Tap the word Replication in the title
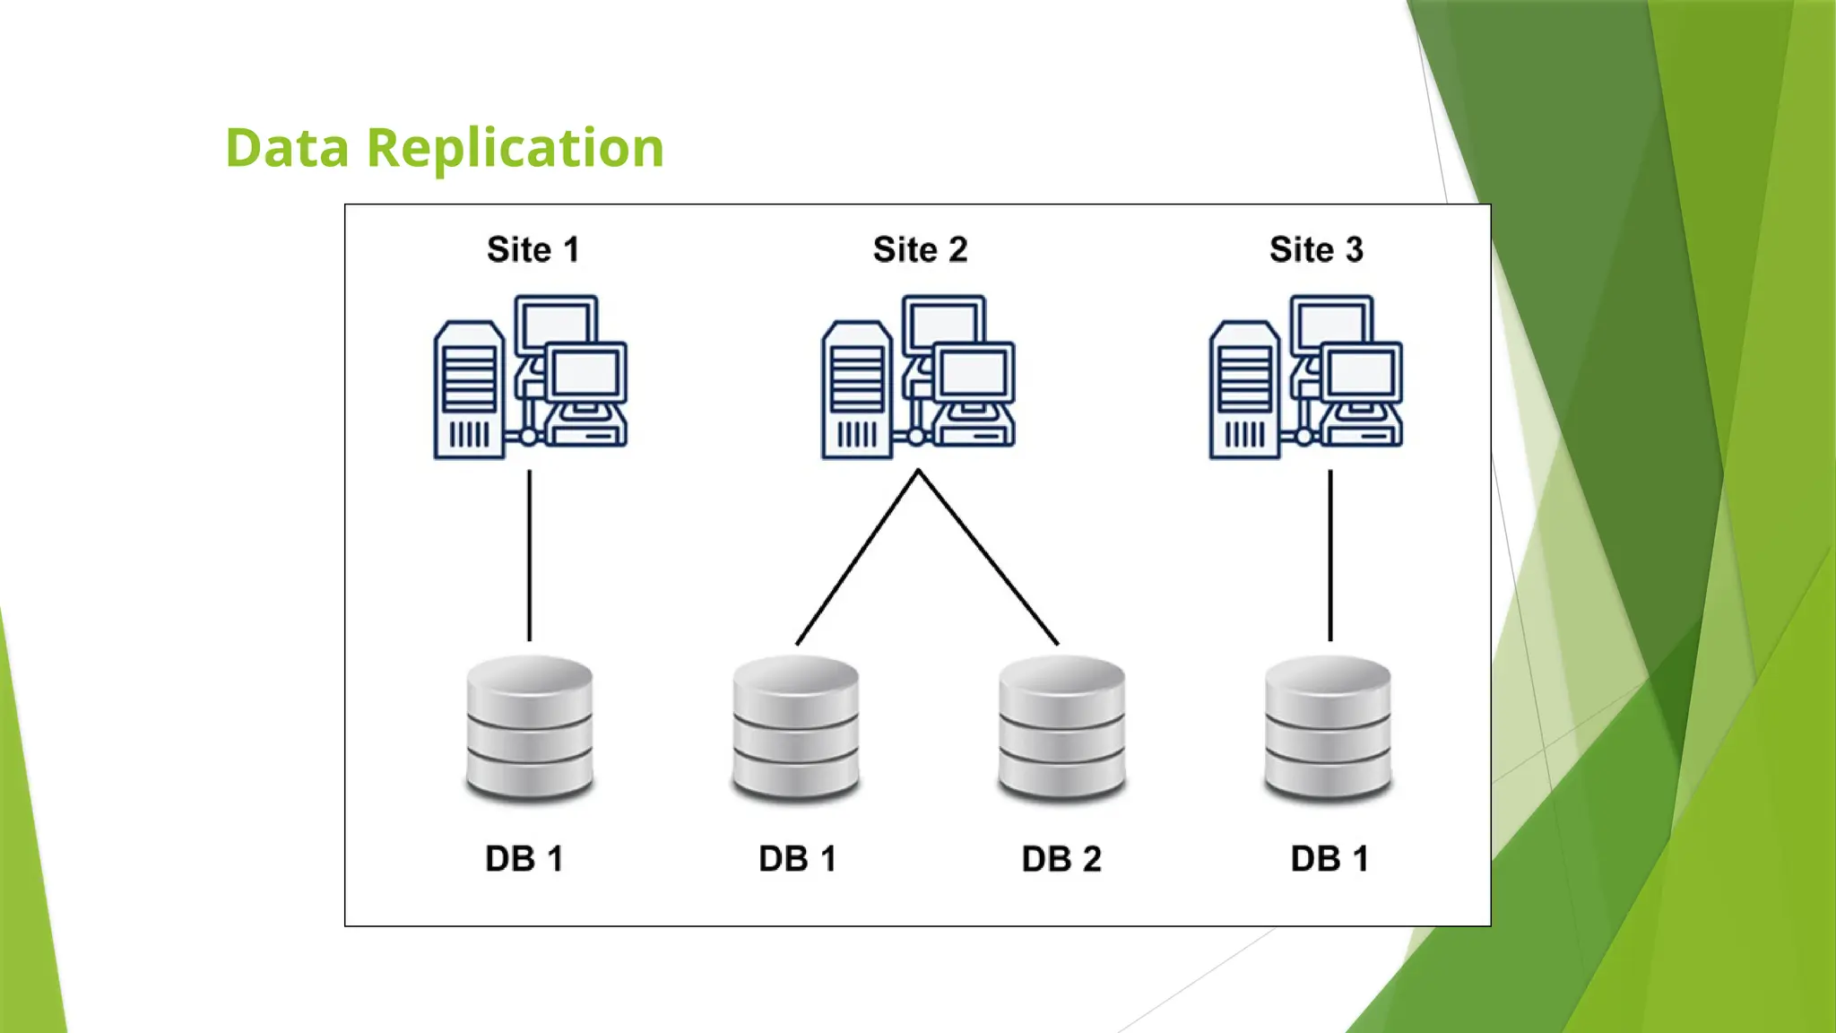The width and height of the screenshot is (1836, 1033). coord(515,148)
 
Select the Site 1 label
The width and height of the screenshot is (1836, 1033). coord(533,249)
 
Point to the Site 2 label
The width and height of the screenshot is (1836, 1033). coord(921,249)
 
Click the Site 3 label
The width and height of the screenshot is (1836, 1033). coord(1316,249)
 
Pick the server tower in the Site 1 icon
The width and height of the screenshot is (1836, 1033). coord(468,391)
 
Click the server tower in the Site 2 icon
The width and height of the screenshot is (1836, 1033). coord(856,391)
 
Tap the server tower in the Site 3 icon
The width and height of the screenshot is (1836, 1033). coord(1244,391)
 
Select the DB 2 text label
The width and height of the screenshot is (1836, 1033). coord(1061,859)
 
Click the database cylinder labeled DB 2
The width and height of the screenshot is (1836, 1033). coord(1061,728)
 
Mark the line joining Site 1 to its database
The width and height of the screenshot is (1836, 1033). coord(529,556)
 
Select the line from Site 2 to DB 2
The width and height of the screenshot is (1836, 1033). coord(988,557)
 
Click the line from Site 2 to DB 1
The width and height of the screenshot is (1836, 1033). coord(856,557)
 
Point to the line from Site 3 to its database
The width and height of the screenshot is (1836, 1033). coord(1330,556)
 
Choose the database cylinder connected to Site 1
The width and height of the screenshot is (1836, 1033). coord(530,728)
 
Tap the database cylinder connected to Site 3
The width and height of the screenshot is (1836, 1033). coord(1328,728)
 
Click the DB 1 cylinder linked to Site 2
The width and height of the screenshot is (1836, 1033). coord(796,728)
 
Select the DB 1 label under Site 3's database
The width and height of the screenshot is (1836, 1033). coord(1329,859)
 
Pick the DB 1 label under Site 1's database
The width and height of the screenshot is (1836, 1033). coord(524,859)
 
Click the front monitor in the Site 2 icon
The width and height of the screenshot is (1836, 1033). coord(974,373)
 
